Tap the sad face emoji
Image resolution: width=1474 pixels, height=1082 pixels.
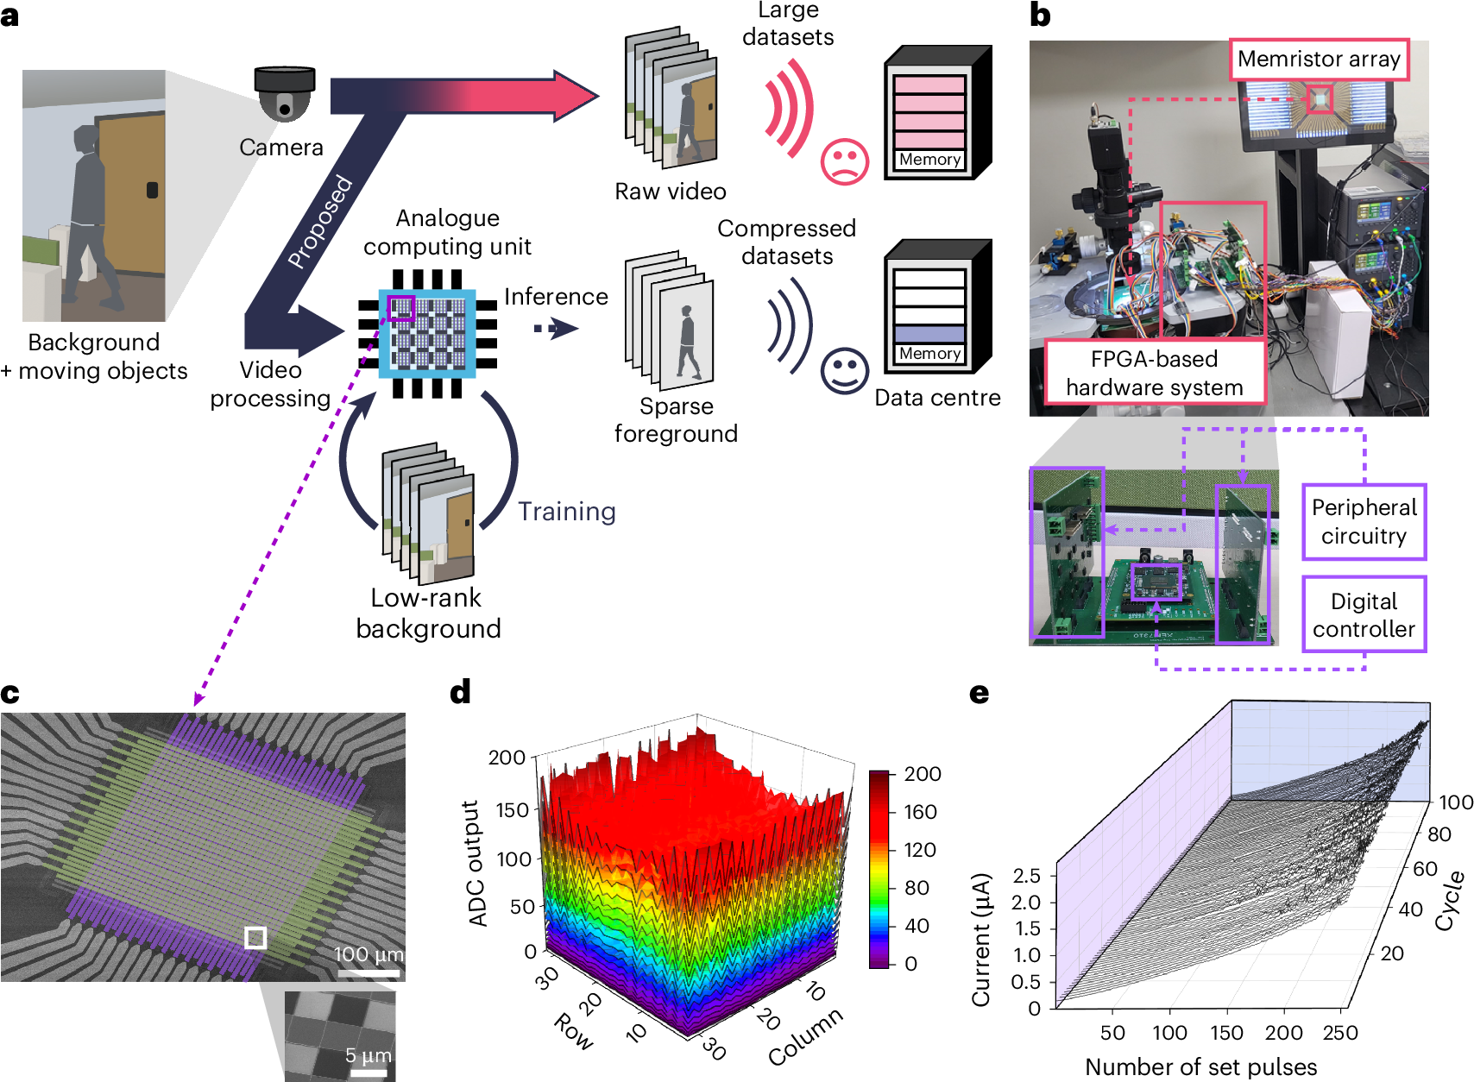[844, 160]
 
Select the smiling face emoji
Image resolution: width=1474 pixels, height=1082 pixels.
[843, 371]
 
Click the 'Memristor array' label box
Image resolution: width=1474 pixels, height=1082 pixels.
[1319, 60]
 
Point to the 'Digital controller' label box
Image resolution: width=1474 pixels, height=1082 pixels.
[1364, 614]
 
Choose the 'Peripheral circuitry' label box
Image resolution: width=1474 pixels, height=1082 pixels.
[1364, 522]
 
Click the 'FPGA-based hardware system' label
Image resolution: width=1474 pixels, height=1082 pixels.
[1154, 373]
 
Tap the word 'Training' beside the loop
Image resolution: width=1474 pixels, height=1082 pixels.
[566, 512]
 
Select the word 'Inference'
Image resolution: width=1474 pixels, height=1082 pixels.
[556, 297]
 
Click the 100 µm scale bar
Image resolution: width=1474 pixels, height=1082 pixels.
[368, 973]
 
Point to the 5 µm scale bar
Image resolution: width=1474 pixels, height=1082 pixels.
[368, 1073]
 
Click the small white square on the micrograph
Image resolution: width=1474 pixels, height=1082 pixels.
[255, 937]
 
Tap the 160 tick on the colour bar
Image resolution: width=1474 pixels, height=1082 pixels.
[920, 812]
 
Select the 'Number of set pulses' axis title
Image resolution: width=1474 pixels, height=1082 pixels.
[1200, 1067]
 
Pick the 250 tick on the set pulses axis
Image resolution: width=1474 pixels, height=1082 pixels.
[1339, 1033]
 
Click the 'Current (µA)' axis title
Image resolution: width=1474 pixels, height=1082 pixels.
[981, 940]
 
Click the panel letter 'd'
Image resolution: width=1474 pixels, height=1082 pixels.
[460, 692]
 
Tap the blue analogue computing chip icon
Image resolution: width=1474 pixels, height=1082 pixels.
[427, 334]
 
